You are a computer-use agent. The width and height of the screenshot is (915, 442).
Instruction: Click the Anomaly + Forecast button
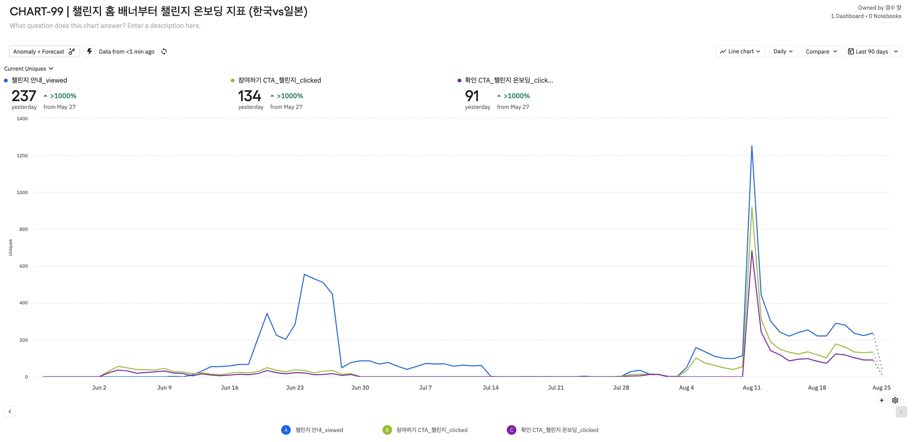pyautogui.click(x=44, y=51)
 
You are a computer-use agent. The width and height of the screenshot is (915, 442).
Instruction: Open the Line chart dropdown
pyautogui.click(x=740, y=51)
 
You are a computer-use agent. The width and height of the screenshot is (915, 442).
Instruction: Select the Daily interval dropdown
pyautogui.click(x=783, y=51)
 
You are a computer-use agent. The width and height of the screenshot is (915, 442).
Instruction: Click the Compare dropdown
pyautogui.click(x=821, y=51)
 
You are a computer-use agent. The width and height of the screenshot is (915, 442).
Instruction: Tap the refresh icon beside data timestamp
pyautogui.click(x=164, y=51)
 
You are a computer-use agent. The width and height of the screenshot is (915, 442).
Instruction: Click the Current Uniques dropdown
pyautogui.click(x=29, y=68)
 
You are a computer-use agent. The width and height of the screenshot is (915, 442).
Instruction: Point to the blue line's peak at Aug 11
pyautogui.click(x=752, y=146)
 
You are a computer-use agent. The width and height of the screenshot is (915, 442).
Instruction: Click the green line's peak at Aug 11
pyautogui.click(x=752, y=207)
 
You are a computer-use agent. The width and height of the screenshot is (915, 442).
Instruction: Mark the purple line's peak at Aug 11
pyautogui.click(x=752, y=251)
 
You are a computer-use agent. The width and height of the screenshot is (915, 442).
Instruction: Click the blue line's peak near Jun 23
pyautogui.click(x=304, y=274)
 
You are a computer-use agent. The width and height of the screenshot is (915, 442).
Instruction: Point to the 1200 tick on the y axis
pyautogui.click(x=22, y=156)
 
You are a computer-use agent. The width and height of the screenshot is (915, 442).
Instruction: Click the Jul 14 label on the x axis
pyautogui.click(x=491, y=387)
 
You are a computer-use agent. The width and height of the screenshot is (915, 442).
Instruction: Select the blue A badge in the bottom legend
pyautogui.click(x=286, y=430)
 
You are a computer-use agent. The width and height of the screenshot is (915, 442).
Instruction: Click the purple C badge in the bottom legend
pyautogui.click(x=512, y=430)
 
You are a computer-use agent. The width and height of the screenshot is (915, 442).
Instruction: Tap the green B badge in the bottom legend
pyautogui.click(x=387, y=430)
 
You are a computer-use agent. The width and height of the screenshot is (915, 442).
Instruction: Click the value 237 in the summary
pyautogui.click(x=24, y=96)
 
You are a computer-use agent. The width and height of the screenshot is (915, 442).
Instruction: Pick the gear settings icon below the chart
pyautogui.click(x=895, y=400)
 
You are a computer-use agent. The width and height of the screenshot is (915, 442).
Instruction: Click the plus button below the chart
pyautogui.click(x=881, y=400)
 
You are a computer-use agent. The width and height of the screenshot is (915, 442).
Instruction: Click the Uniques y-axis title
pyautogui.click(x=10, y=248)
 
